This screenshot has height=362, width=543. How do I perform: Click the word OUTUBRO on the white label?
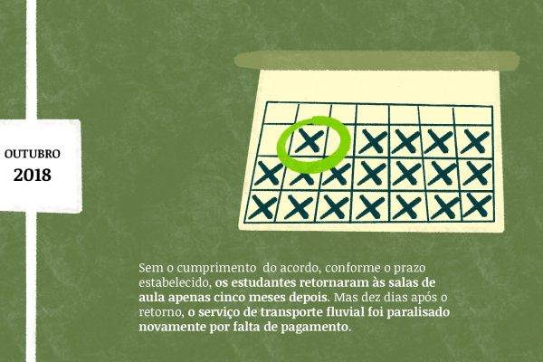[x=33, y=154]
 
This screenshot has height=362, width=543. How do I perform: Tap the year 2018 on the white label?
[x=33, y=175]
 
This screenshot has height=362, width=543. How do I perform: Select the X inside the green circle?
[x=310, y=140]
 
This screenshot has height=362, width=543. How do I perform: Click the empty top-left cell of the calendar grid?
[x=281, y=113]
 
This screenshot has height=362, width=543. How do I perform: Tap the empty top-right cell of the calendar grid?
[x=473, y=116]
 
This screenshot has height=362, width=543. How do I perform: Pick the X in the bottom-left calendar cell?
[x=262, y=207]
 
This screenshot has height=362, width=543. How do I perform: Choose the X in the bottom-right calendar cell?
[x=478, y=205]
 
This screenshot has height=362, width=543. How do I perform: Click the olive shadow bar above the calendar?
[x=376, y=61]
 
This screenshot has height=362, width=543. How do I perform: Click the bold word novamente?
[x=172, y=328]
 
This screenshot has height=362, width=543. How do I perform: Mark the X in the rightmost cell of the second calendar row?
[x=475, y=141]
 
